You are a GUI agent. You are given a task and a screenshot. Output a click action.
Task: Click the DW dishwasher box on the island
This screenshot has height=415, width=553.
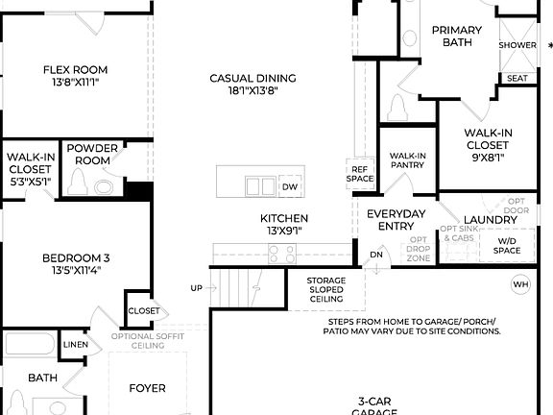(x=289, y=186)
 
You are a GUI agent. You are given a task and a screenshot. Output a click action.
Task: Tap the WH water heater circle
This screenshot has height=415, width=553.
(x=521, y=284)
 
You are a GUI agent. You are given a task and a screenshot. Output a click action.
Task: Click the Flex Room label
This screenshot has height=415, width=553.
(x=75, y=69)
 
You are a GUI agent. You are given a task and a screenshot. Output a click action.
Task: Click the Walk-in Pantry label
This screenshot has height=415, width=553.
(x=407, y=160)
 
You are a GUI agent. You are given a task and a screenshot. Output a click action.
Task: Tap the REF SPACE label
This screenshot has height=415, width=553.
(x=359, y=174)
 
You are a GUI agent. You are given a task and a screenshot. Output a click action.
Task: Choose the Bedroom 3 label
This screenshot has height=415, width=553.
(x=75, y=257)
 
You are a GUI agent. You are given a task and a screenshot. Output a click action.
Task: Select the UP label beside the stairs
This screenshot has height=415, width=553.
(x=197, y=288)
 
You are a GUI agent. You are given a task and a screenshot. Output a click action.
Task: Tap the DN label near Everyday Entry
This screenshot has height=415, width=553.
(x=376, y=255)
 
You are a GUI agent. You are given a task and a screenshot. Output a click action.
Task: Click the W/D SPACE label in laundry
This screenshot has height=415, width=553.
(x=507, y=246)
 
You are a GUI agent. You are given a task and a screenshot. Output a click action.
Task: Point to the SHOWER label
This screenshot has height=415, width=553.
(x=517, y=45)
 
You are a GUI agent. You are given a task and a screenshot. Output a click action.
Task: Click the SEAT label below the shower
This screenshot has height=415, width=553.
(x=517, y=78)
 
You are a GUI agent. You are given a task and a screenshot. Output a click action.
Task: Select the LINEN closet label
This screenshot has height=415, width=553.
(x=75, y=344)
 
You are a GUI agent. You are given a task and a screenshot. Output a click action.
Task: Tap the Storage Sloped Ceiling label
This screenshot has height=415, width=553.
(x=325, y=290)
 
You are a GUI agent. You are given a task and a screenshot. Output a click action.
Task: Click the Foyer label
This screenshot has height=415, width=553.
(x=147, y=388)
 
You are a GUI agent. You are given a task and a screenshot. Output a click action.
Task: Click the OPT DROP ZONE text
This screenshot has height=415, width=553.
(x=418, y=249)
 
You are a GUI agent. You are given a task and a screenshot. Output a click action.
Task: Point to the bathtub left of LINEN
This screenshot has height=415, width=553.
(x=29, y=344)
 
